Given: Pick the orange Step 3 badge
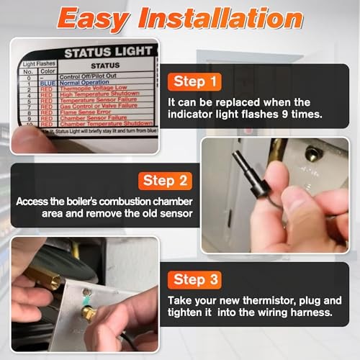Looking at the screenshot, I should tap(199, 279).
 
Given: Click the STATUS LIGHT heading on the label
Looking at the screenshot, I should tap(109, 53).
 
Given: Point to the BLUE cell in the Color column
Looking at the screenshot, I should tap(45, 82).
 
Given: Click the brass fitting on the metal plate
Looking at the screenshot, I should tap(88, 312).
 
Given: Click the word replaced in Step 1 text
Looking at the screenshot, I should tap(254, 102).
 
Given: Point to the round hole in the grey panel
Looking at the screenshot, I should tap(313, 153).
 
